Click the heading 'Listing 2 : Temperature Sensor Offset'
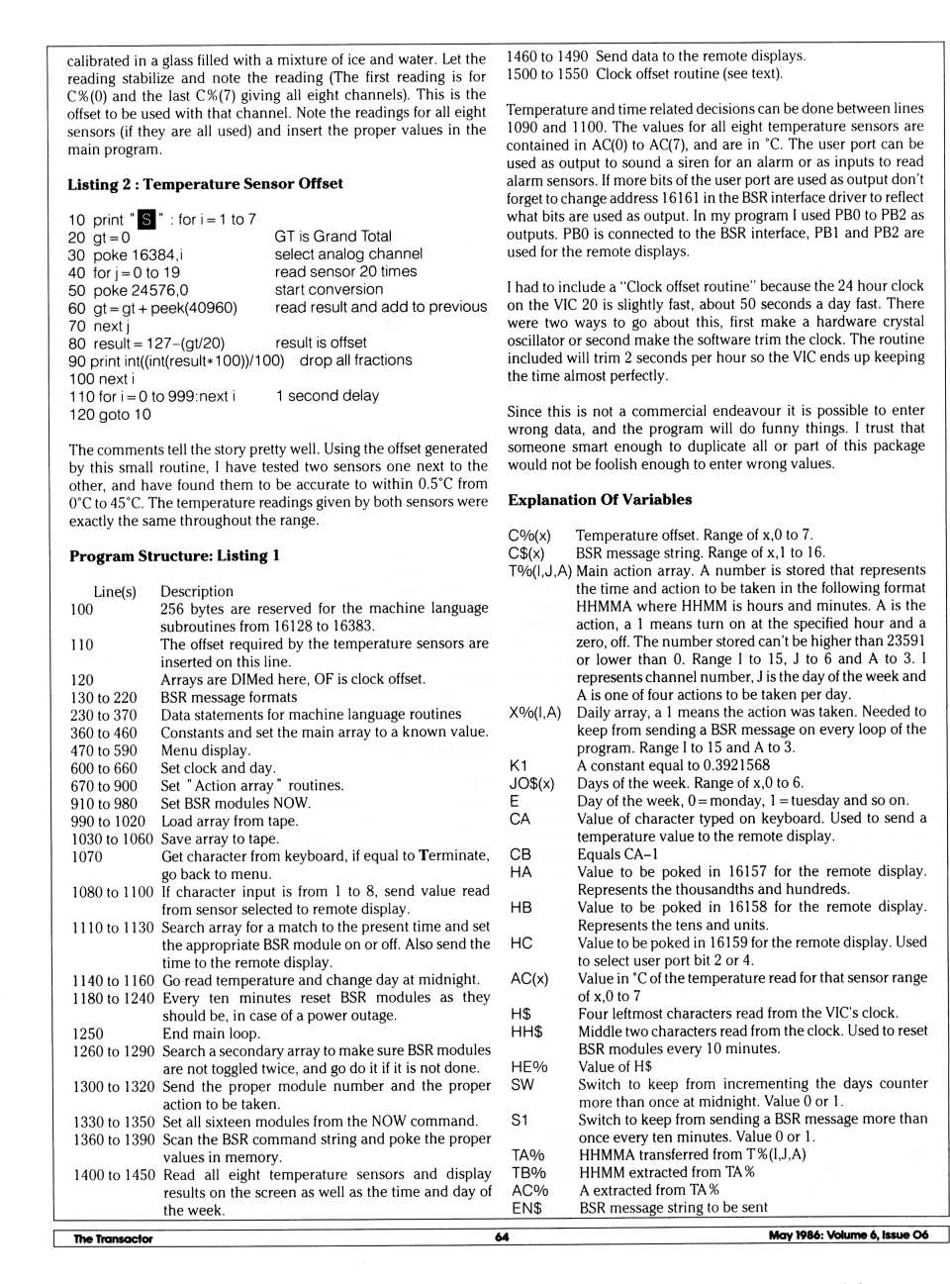(x=205, y=184)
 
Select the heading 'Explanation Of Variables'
(x=600, y=500)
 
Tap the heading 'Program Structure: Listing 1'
(x=174, y=556)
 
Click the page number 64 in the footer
(x=502, y=1236)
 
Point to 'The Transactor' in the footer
(x=113, y=1238)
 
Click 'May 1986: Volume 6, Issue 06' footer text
(x=848, y=1235)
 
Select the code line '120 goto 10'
(x=110, y=415)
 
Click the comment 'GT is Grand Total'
(x=332, y=237)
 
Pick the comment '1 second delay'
(x=328, y=396)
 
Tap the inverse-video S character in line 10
(x=146, y=219)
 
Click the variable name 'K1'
(x=519, y=765)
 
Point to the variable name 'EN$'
(x=526, y=1208)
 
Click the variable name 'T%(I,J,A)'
(x=539, y=570)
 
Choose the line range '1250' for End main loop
(x=87, y=1034)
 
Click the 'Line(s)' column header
(x=115, y=592)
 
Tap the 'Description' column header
(x=197, y=592)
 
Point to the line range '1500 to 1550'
(x=546, y=74)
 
